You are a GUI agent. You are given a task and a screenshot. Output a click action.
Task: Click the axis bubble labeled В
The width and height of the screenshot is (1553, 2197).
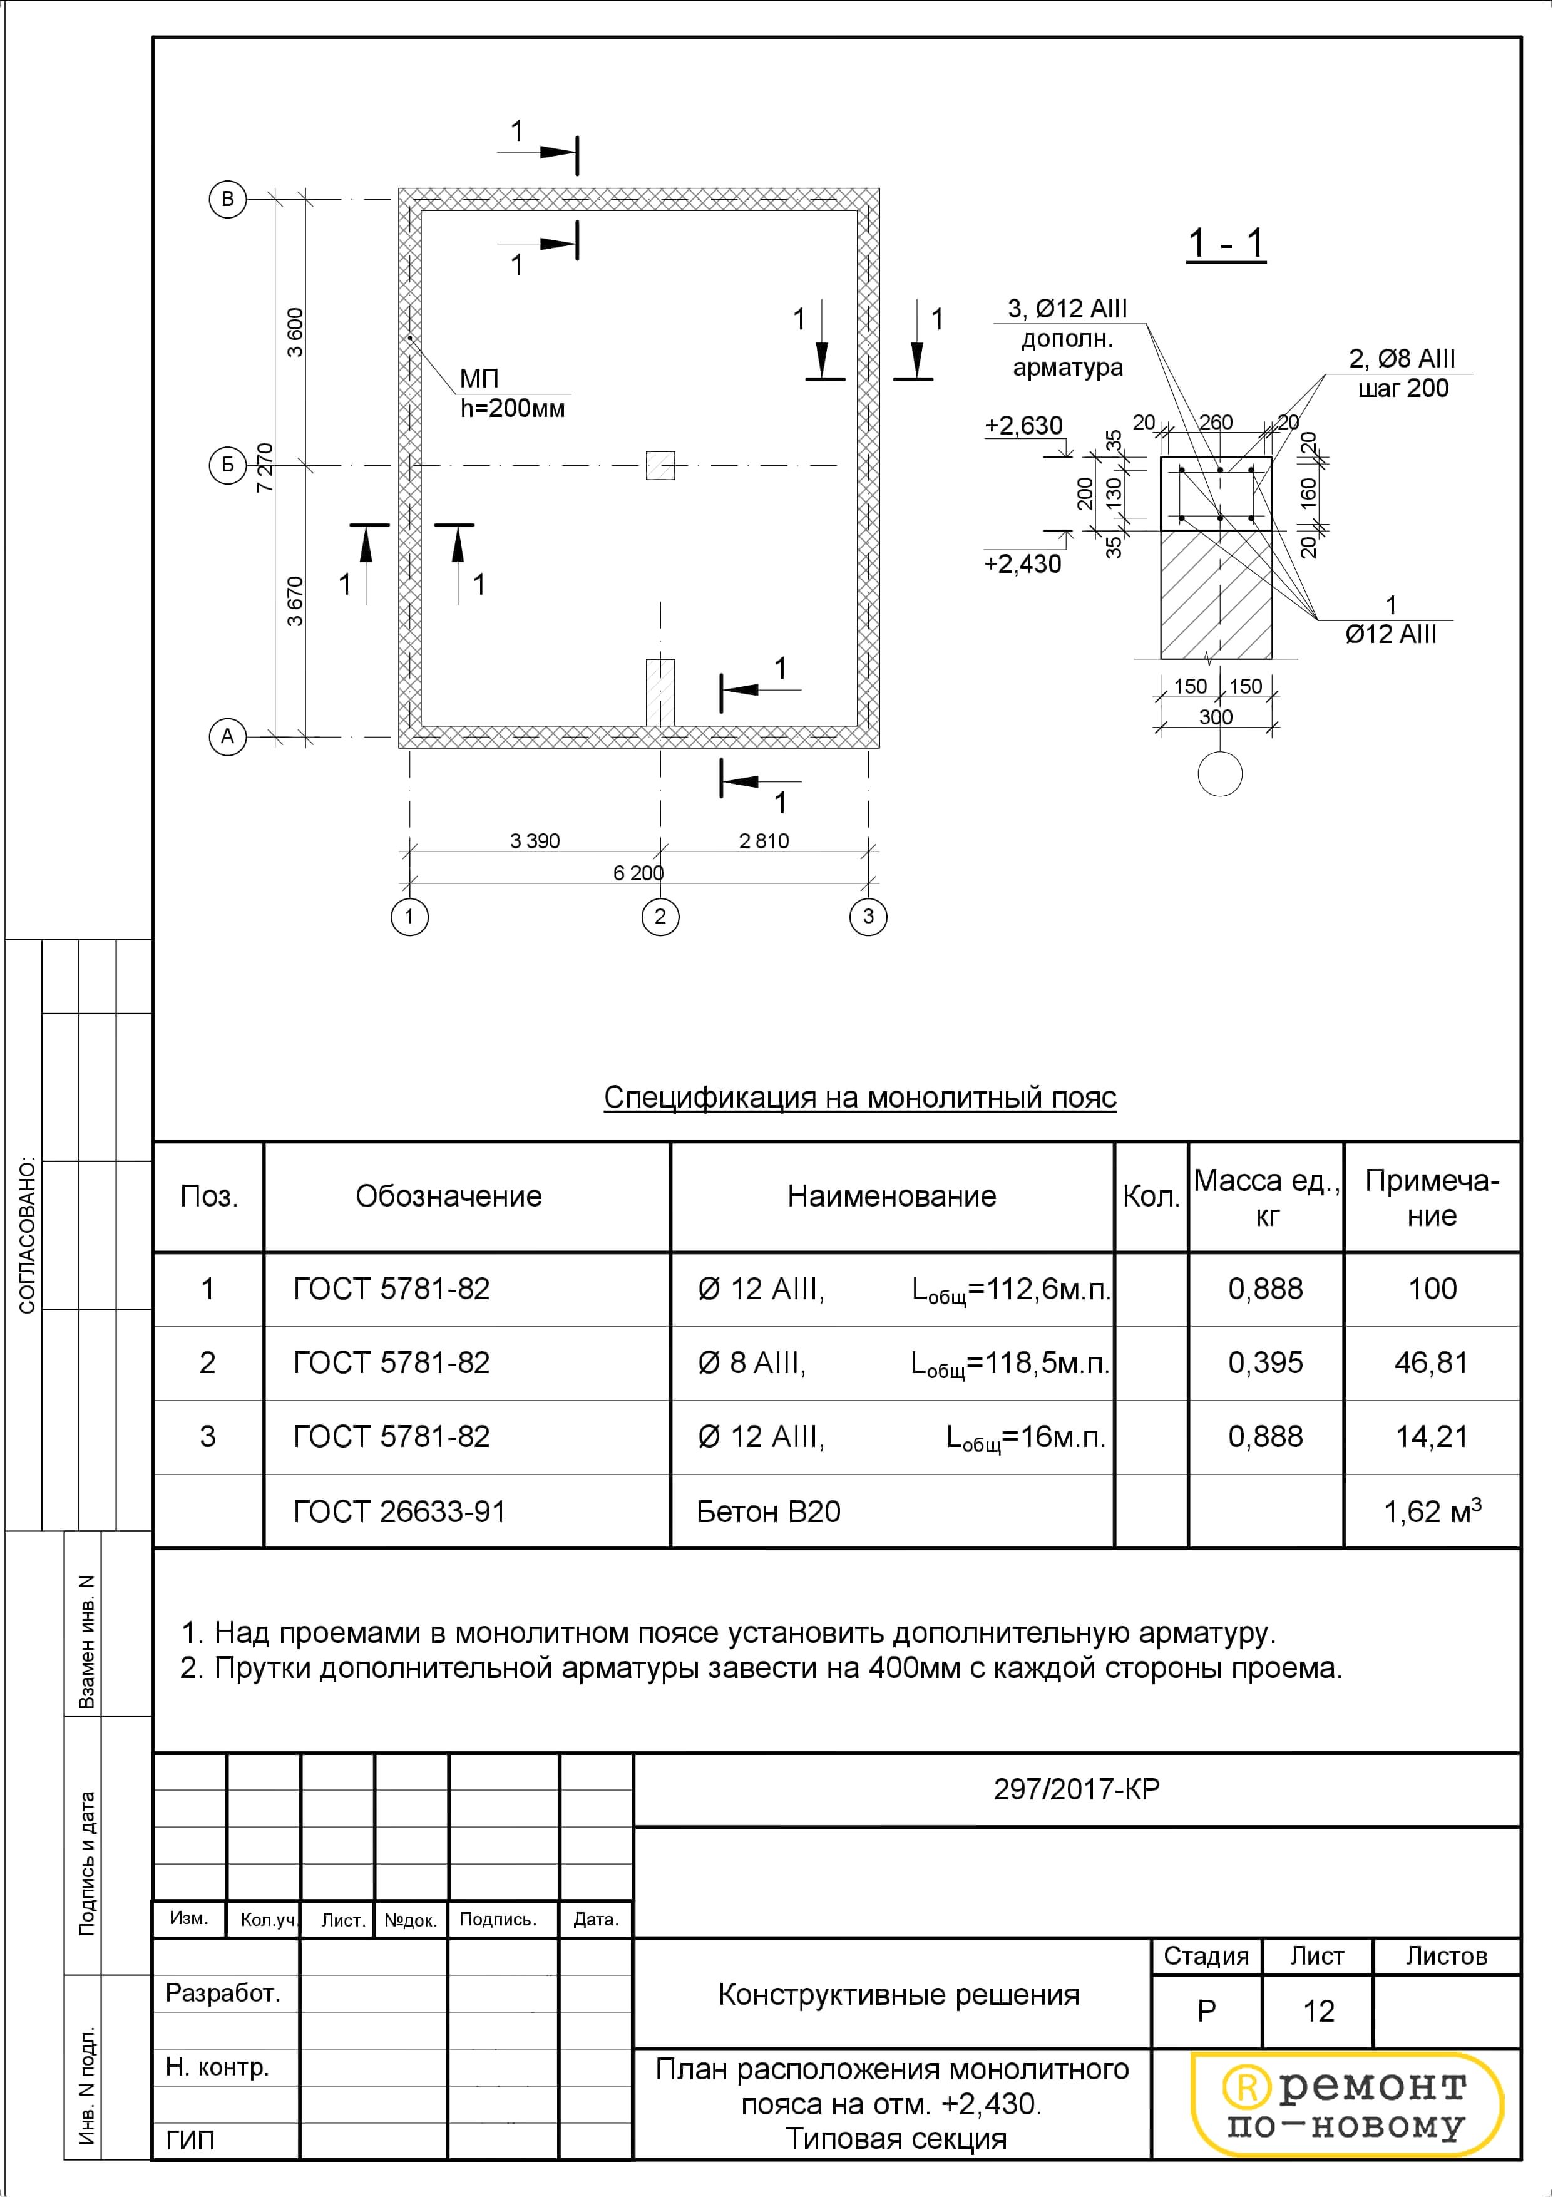(x=228, y=199)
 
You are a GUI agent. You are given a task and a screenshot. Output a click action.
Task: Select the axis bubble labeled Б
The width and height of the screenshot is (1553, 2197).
(x=228, y=466)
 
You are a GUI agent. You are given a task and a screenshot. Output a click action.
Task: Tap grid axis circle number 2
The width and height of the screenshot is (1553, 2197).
(x=660, y=917)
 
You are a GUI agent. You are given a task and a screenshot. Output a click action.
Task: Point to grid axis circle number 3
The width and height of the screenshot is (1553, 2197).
(x=868, y=917)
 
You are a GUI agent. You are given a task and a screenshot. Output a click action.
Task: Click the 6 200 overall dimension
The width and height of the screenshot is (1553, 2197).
(x=638, y=873)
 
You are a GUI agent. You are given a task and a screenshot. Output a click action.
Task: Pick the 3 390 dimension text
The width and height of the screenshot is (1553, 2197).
(x=535, y=841)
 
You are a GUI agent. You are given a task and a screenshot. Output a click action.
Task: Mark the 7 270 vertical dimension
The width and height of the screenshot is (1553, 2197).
(x=265, y=467)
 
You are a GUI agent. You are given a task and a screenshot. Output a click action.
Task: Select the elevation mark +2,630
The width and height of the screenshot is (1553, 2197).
(x=1023, y=426)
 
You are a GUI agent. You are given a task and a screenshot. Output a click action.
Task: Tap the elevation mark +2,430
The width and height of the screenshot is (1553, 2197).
(x=1023, y=563)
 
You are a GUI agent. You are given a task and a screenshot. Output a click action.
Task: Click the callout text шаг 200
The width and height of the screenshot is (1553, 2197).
(x=1403, y=388)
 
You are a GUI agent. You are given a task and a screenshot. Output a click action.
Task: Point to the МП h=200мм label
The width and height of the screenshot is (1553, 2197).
(x=512, y=393)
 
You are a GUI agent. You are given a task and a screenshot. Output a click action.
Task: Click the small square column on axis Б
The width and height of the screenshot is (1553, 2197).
(x=660, y=466)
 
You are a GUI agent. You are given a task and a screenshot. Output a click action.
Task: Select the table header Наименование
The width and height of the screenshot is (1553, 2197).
(x=892, y=1196)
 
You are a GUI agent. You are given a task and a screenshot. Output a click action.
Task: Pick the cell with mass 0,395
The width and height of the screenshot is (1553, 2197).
(x=1265, y=1362)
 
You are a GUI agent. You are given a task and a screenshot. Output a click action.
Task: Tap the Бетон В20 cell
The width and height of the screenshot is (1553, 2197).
(x=769, y=1512)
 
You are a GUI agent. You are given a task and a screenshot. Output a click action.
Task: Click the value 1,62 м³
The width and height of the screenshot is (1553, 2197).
(x=1432, y=1512)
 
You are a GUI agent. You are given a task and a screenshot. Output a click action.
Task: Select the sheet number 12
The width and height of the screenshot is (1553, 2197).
(x=1318, y=2012)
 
